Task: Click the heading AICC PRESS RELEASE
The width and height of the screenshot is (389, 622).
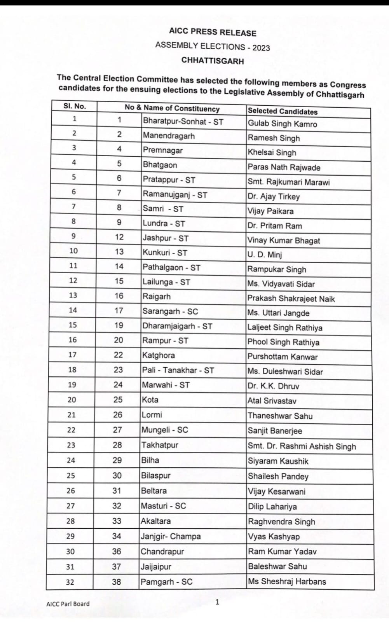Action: (x=213, y=32)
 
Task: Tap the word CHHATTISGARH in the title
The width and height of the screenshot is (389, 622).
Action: (x=213, y=61)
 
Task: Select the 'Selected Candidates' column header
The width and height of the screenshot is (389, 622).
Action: (x=283, y=111)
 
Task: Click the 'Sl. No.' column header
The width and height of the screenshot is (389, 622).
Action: (x=74, y=106)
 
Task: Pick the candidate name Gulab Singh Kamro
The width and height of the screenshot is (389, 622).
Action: (x=283, y=124)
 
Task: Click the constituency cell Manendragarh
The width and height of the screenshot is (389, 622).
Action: (x=169, y=136)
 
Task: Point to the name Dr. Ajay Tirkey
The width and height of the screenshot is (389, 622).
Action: (x=274, y=196)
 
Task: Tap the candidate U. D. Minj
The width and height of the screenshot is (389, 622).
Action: (x=265, y=255)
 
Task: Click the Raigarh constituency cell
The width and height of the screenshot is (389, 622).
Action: (x=157, y=296)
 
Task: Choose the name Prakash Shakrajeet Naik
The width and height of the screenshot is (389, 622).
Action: (x=291, y=299)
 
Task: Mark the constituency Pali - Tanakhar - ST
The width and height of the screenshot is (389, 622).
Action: (x=178, y=370)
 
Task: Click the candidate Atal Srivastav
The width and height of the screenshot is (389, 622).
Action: (x=272, y=401)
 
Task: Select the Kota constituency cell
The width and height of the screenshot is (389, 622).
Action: (x=150, y=400)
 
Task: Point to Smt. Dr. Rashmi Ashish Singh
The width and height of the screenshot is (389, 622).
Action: (x=302, y=446)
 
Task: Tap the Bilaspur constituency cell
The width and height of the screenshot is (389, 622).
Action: (x=156, y=475)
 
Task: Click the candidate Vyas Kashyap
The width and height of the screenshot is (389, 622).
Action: (x=274, y=536)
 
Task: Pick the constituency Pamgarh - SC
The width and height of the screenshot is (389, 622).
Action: (x=166, y=582)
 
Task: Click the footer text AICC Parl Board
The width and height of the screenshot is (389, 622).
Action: (x=68, y=604)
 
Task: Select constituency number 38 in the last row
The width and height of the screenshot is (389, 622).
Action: (x=116, y=582)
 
